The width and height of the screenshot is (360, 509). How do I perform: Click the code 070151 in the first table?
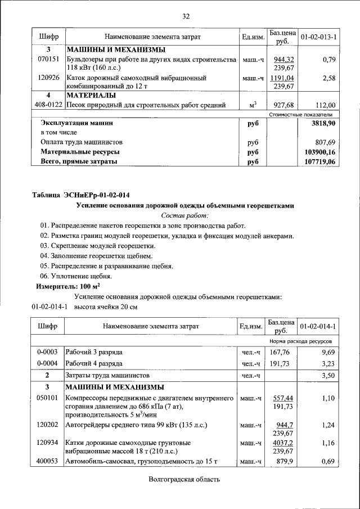click(x=48, y=59)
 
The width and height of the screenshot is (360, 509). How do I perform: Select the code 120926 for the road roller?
click(x=48, y=78)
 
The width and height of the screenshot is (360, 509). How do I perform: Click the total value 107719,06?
click(x=319, y=161)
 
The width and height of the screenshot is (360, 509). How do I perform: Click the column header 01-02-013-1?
click(x=318, y=37)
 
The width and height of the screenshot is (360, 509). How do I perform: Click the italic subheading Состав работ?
click(x=185, y=215)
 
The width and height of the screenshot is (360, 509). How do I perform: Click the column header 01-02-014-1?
click(x=318, y=326)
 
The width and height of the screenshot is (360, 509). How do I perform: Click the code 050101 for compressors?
click(x=48, y=398)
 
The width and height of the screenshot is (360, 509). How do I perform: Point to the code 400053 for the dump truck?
click(x=48, y=462)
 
